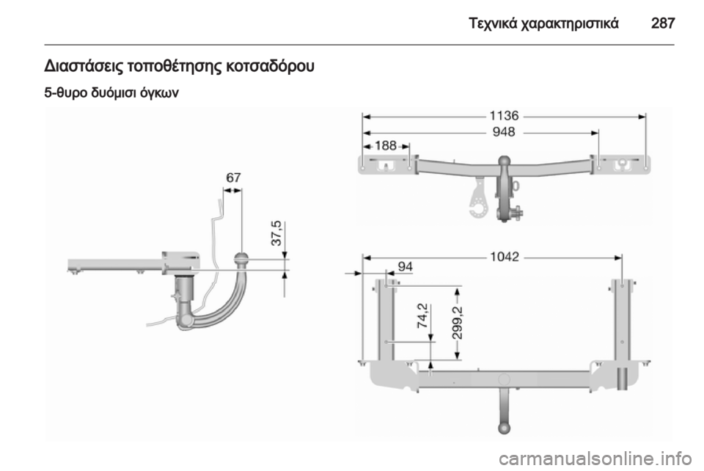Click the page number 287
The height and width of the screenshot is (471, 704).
(663, 23)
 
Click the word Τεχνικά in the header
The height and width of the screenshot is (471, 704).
(492, 23)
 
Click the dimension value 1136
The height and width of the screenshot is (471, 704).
(504, 116)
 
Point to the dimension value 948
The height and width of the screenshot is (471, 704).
(504, 132)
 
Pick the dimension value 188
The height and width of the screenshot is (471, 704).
(386, 145)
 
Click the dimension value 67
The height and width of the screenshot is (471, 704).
(233, 178)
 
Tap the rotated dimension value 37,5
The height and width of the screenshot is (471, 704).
(276, 233)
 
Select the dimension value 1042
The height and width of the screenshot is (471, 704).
(505, 257)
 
